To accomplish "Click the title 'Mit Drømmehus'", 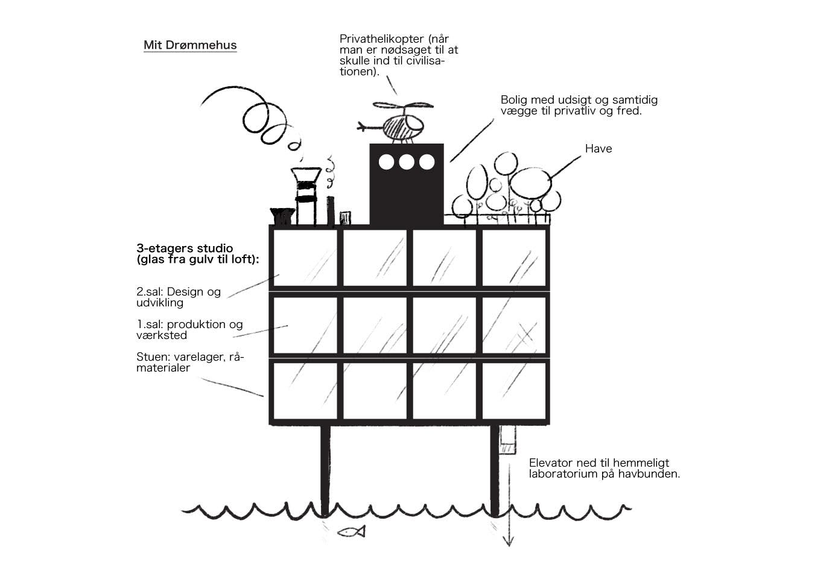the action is click(x=190, y=45).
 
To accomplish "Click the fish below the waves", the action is click(x=352, y=532).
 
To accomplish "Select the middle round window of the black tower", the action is click(x=406, y=162).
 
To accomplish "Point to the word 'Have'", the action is click(x=598, y=148).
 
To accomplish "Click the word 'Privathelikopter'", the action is click(x=382, y=39).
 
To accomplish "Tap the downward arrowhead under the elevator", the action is click(x=509, y=542).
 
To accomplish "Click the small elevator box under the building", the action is click(x=507, y=440).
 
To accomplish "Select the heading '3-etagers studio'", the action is click(x=185, y=248).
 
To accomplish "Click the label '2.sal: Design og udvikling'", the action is click(x=179, y=297).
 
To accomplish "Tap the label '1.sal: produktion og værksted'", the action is click(x=189, y=329).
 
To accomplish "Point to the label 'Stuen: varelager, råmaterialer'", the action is click(x=190, y=362).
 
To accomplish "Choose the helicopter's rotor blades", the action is click(x=404, y=106).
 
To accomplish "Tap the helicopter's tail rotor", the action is click(x=361, y=127).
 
